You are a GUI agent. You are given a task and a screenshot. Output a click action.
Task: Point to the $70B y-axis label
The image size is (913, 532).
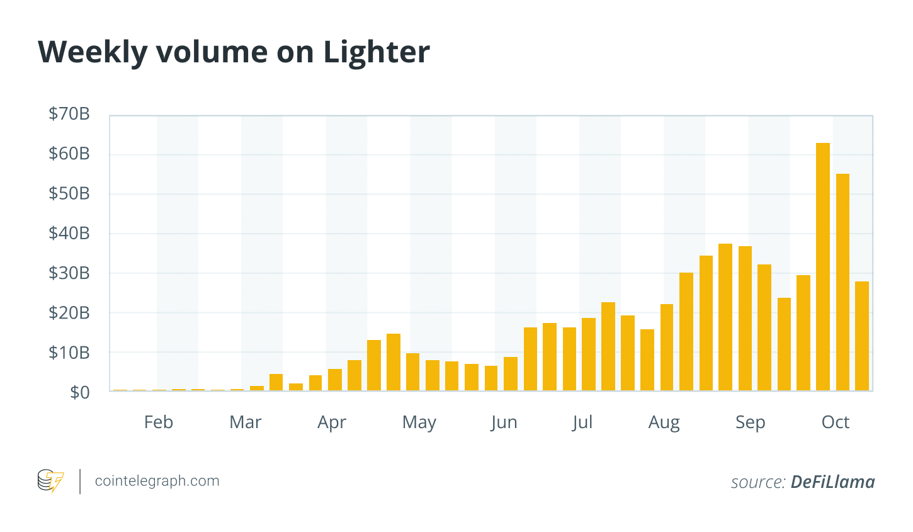69,114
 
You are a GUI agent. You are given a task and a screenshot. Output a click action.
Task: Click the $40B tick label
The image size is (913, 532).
69,234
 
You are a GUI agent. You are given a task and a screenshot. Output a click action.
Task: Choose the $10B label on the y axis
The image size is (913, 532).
69,353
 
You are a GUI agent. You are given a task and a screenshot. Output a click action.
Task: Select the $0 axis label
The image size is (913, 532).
79,392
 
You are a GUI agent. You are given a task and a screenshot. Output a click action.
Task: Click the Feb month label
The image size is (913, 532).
158,422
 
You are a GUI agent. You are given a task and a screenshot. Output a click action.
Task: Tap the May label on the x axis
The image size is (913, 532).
419,422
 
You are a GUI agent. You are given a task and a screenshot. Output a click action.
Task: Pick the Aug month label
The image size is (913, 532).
664,422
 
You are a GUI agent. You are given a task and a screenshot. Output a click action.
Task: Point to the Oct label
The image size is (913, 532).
835,422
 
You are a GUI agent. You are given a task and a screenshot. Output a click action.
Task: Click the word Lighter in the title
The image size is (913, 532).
377,52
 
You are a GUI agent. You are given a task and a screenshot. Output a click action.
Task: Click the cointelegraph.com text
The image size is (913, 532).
157,481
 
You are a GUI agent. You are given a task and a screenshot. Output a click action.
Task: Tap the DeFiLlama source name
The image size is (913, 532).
832,482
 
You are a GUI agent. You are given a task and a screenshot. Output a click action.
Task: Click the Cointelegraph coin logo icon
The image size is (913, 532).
50,481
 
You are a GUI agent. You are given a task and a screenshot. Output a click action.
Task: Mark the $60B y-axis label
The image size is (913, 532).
69,154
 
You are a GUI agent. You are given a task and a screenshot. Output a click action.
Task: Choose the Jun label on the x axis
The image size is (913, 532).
504,422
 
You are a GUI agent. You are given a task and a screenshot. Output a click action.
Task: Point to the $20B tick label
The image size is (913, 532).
69,313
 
